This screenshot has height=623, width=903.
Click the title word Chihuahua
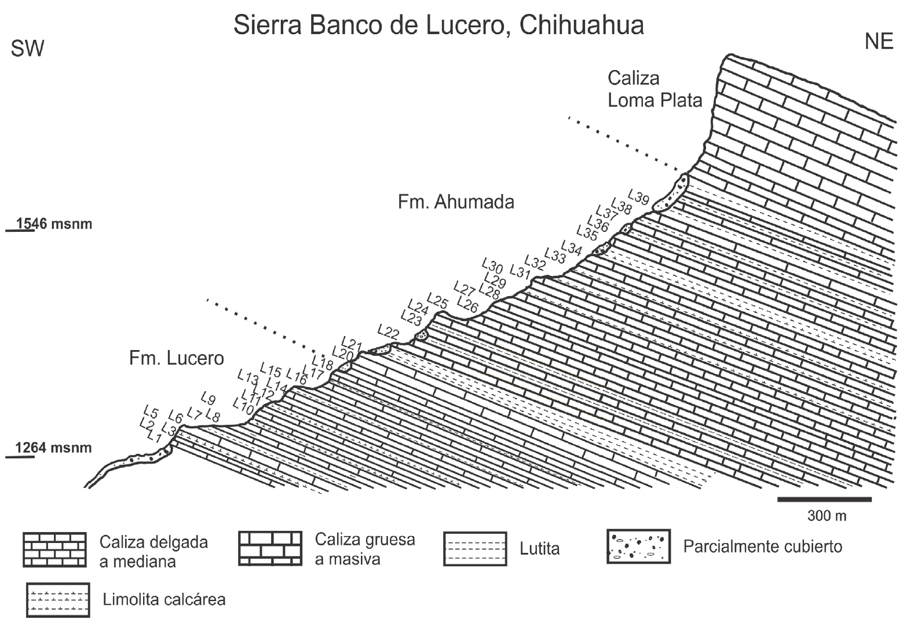(582, 26)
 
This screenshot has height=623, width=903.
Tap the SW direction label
(27, 49)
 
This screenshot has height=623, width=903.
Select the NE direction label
(878, 42)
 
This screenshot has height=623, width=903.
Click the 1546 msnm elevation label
(54, 224)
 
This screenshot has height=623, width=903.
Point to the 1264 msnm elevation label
(53, 448)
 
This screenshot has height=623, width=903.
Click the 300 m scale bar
(824, 499)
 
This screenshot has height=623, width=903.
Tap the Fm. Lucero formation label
(176, 359)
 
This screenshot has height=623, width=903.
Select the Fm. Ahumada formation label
(456, 202)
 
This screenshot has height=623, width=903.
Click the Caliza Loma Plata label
(654, 89)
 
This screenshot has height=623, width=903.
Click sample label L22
(388, 332)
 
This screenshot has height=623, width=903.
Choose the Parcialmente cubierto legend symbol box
(638, 546)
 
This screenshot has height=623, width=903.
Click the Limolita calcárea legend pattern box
(57, 600)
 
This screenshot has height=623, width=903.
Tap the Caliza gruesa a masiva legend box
(270, 548)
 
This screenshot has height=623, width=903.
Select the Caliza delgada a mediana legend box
(54, 549)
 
